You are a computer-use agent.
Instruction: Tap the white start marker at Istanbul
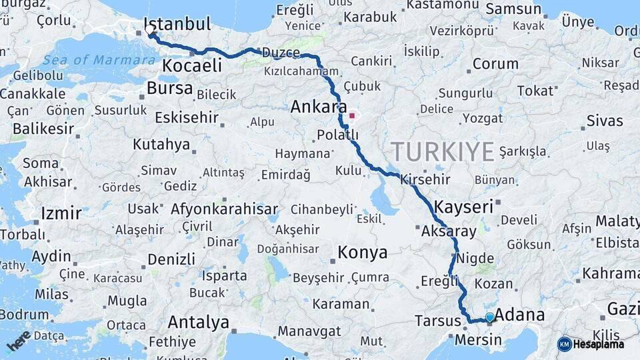149,30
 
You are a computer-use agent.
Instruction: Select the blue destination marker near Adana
490,317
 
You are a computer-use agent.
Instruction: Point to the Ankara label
318,106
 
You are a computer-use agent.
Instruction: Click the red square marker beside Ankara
352,115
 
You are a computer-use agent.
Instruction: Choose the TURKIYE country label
443,151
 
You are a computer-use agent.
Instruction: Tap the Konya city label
362,253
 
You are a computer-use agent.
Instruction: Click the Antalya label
198,323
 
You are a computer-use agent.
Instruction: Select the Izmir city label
61,213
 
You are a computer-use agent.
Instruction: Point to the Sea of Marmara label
99,60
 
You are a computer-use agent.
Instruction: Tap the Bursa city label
169,88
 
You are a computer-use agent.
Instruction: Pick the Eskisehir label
187,118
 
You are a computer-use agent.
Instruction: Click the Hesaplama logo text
598,344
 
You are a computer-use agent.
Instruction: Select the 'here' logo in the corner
19,340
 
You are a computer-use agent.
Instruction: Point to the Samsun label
513,9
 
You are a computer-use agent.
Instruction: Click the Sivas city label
605,121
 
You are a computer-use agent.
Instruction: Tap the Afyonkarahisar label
224,209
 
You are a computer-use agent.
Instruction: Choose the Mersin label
478,340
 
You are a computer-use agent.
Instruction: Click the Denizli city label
171,259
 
